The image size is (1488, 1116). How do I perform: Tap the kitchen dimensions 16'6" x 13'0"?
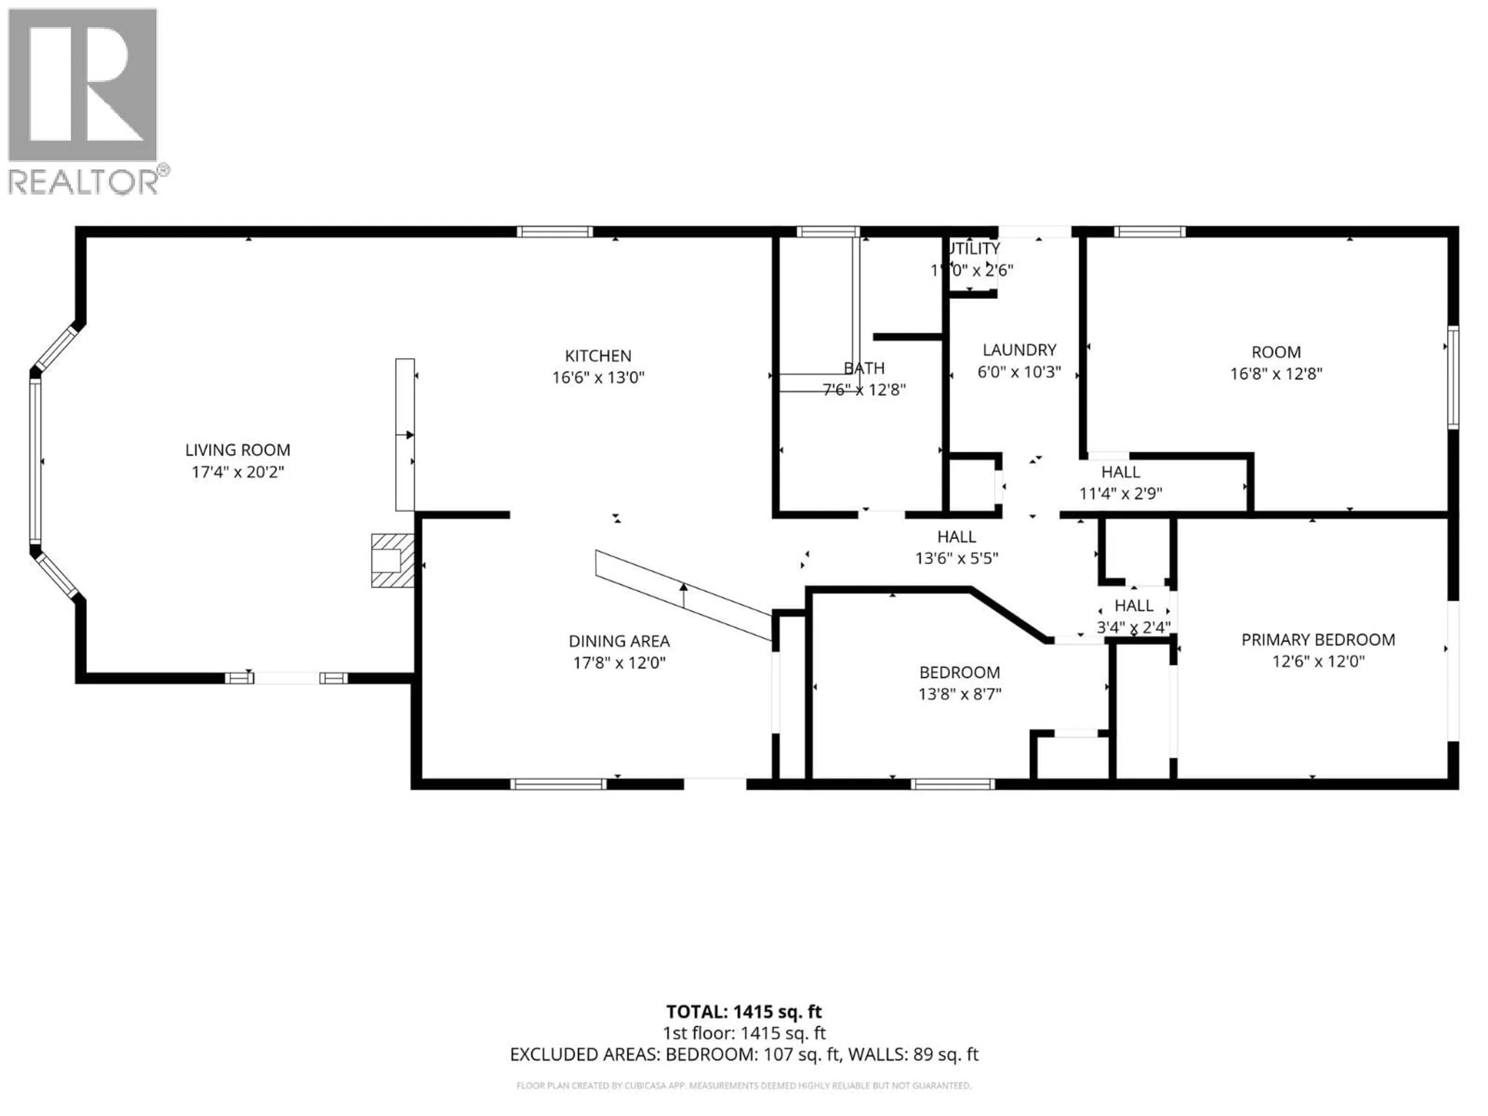point(598,377)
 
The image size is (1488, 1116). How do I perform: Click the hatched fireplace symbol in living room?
point(392,560)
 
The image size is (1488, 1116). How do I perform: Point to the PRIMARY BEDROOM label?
point(1318,640)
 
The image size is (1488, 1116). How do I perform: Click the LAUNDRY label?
point(1019,350)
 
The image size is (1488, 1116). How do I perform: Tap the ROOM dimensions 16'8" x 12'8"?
point(1276,373)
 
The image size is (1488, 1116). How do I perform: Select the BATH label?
point(865,368)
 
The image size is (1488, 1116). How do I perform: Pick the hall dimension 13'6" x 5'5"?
point(957,558)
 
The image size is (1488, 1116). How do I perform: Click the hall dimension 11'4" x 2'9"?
point(1121,493)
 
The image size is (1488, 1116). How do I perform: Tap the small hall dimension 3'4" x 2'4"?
point(1133,627)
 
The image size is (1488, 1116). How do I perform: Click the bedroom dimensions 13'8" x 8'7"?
point(960,694)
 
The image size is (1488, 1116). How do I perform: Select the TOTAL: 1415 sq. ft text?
point(744,1012)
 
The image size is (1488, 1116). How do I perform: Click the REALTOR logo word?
point(84,182)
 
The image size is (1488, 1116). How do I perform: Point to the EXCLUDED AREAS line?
point(744,1054)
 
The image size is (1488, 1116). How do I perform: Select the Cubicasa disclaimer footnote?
point(744,1085)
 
